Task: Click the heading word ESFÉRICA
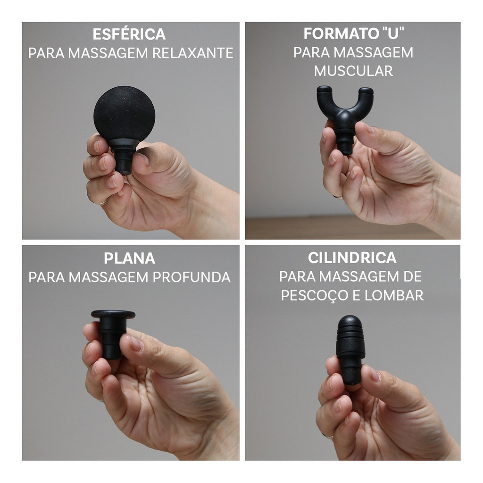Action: (x=129, y=34)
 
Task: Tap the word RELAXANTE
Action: (x=193, y=53)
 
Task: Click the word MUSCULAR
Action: (x=353, y=71)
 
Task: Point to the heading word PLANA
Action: (x=129, y=258)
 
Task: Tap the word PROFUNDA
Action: (x=192, y=277)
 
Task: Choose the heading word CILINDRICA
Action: (x=352, y=258)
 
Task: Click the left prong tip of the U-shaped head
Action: (x=324, y=90)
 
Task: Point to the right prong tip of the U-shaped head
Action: (x=366, y=91)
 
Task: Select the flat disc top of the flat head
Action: (x=113, y=314)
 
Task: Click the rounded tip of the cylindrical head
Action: (x=350, y=322)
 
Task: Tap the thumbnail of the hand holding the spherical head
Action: (x=143, y=158)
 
